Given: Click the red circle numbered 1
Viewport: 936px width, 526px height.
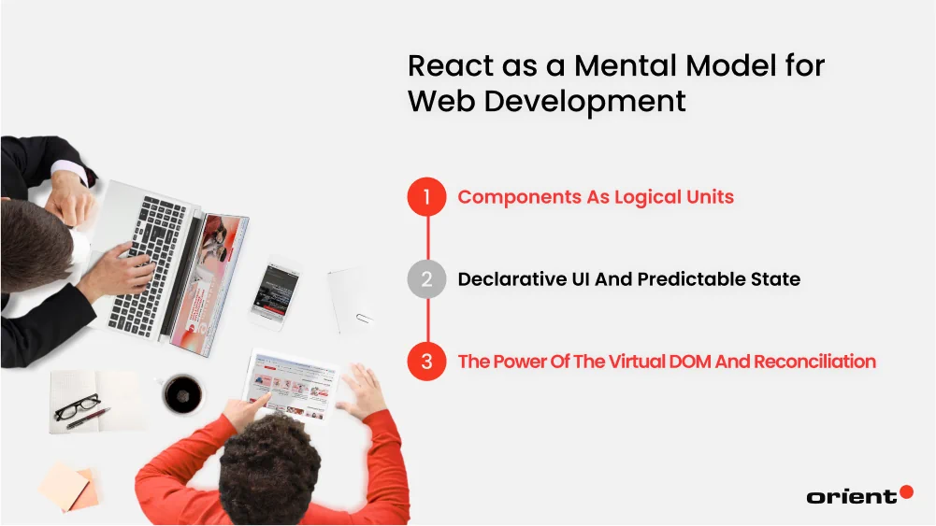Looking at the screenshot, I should tap(426, 197).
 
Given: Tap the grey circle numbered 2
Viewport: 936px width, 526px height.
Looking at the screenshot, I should tap(426, 279).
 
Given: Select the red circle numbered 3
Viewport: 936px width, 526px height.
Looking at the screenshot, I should tap(426, 362).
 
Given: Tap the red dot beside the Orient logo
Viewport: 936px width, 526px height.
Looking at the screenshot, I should tap(906, 491).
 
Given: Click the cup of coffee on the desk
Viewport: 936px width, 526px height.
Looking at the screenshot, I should tap(181, 394).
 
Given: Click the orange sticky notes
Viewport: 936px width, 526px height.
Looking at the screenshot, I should tap(68, 486).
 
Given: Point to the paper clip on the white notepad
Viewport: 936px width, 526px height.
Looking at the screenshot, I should tap(364, 319).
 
